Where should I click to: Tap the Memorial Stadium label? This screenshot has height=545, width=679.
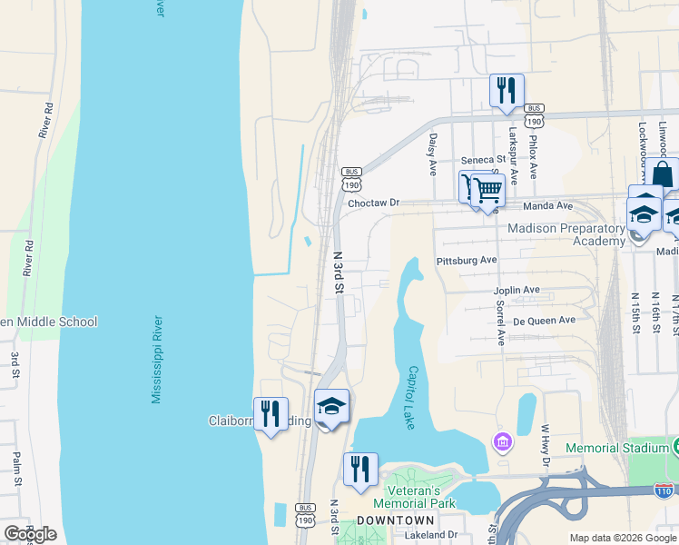tap(616, 448)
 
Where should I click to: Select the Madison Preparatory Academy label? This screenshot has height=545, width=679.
tap(566, 234)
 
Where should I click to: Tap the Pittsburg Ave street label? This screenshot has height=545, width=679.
tap(467, 260)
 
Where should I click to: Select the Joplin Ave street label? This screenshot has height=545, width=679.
tap(517, 291)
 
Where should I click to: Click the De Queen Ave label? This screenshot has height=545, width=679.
tap(544, 321)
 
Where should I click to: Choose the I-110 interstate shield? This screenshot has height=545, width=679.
tap(663, 491)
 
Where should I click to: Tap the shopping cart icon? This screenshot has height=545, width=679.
tap(487, 191)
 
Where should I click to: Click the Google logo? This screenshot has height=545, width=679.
tap(30, 534)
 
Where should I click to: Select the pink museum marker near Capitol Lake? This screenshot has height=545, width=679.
tap(502, 442)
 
